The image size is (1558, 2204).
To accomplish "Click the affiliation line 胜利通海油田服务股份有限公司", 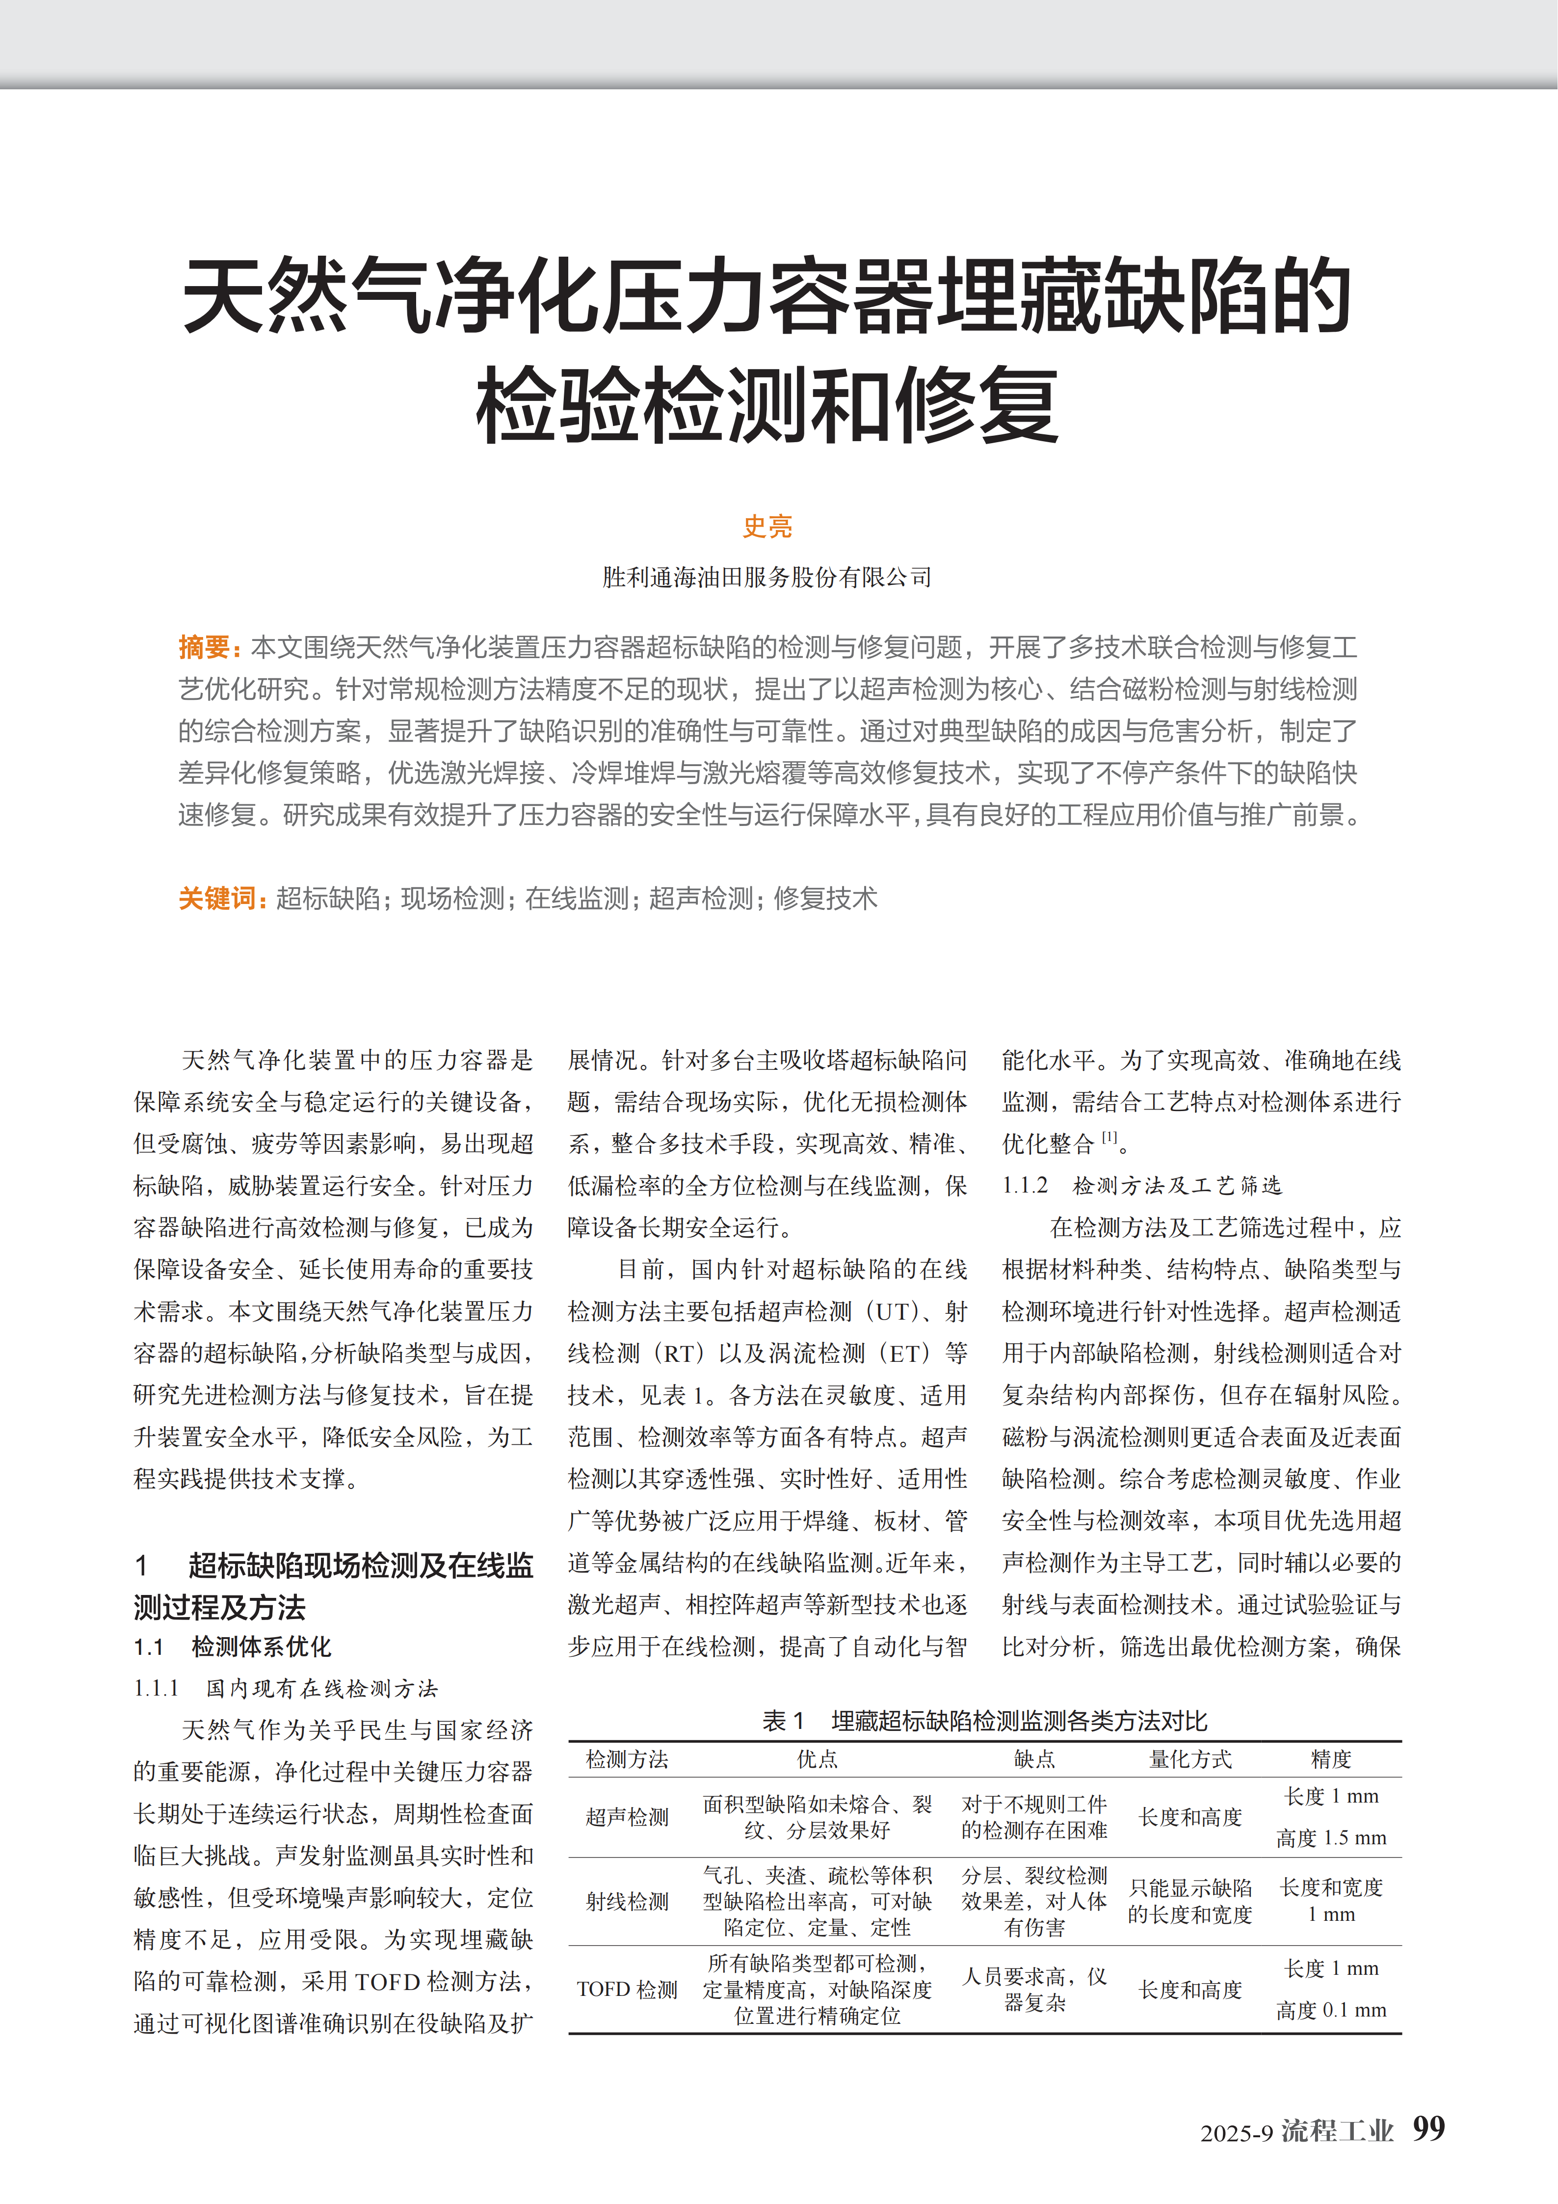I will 767,577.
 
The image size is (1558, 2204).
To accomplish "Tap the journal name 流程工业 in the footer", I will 1337,2131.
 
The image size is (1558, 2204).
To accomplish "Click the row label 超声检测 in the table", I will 627,1817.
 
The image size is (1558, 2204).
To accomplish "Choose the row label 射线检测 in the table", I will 627,1902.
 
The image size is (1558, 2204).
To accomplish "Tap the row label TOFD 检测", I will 627,1989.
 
